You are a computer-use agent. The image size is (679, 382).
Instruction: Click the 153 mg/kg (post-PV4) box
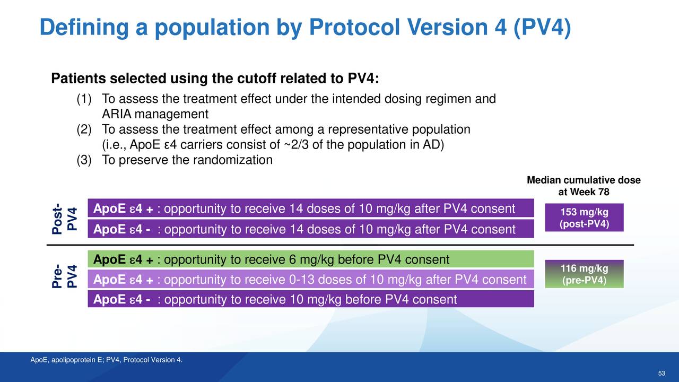(x=584, y=218)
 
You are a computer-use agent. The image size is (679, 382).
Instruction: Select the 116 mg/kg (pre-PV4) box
(x=584, y=274)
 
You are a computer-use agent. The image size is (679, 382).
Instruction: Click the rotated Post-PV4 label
(x=65, y=219)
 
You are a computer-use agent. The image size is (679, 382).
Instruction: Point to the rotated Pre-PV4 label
(x=65, y=276)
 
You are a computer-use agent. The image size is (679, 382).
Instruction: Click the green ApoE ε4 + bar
(x=311, y=259)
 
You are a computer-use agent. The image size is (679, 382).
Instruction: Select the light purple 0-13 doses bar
(x=311, y=279)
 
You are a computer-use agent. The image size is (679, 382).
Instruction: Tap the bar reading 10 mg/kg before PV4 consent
(x=311, y=299)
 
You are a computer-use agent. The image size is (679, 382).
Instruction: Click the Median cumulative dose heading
(x=584, y=186)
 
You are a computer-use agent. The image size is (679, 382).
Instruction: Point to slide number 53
(x=661, y=373)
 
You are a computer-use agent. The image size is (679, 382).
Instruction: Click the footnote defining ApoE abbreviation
(x=107, y=360)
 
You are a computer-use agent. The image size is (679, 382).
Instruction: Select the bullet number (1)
(x=84, y=99)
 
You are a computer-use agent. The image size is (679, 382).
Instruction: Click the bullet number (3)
(x=84, y=160)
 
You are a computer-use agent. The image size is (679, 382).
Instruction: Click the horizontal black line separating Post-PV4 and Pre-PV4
(x=340, y=245)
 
